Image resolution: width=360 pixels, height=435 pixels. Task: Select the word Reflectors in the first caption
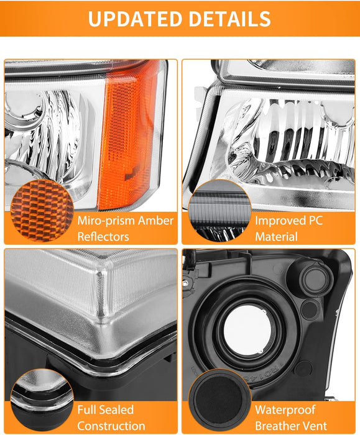[104, 237]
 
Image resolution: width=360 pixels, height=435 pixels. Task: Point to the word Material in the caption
[277, 237]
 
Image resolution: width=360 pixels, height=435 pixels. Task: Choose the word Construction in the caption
[111, 426]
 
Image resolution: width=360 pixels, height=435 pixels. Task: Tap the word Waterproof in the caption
[285, 410]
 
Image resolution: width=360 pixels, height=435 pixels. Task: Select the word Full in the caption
[88, 410]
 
